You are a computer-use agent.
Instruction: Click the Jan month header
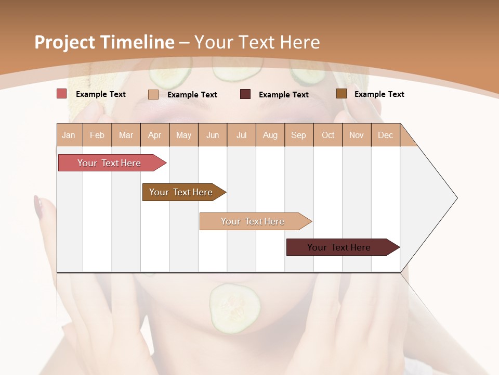click(69, 135)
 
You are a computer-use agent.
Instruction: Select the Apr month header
click(154, 135)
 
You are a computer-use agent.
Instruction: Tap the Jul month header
click(241, 135)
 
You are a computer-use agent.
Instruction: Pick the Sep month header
click(298, 135)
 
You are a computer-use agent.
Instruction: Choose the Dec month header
click(385, 135)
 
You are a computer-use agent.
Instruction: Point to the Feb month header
click(97, 135)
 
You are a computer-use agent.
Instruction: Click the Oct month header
click(328, 135)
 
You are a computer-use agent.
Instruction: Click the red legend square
click(62, 94)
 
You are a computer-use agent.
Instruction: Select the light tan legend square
click(153, 94)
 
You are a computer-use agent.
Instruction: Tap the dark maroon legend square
click(245, 94)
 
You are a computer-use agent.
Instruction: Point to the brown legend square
click(342, 94)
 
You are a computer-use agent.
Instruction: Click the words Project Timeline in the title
click(104, 42)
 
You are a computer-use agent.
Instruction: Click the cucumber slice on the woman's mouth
click(235, 308)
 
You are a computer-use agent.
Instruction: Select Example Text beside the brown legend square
click(379, 94)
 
